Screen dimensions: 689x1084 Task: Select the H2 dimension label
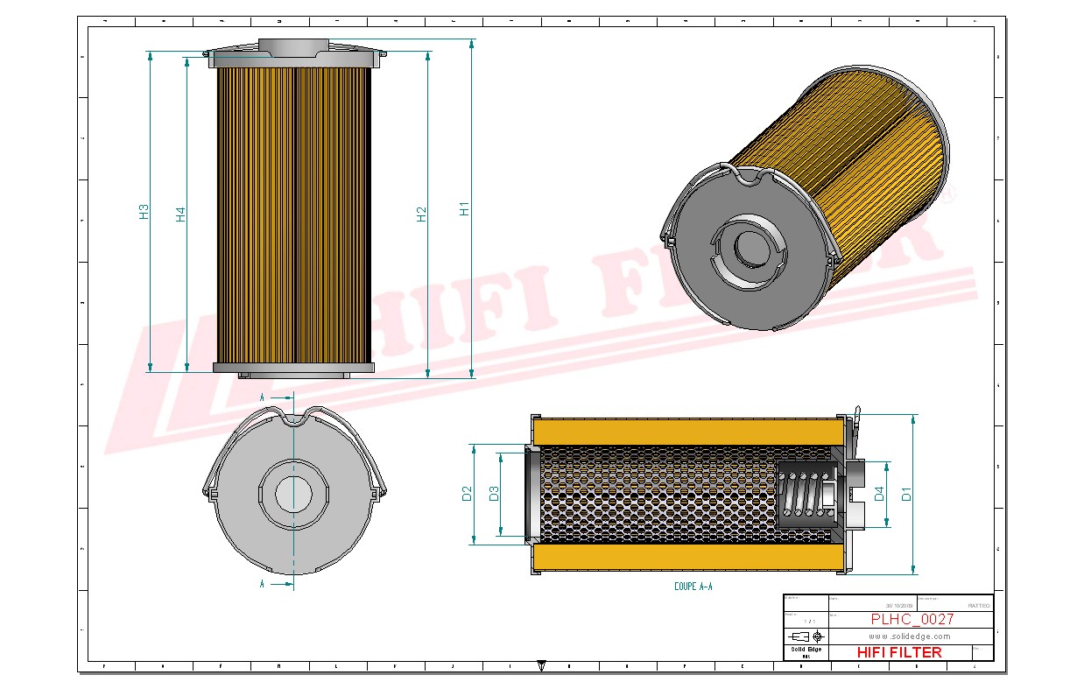click(421, 214)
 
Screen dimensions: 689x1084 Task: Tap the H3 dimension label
click(144, 211)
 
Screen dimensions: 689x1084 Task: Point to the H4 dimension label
click(179, 214)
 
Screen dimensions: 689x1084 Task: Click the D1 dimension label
click(906, 494)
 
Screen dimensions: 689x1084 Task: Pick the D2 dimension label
click(467, 494)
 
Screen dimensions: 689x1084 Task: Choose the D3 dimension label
click(494, 494)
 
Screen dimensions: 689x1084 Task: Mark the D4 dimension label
click(878, 496)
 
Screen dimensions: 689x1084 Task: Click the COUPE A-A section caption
click(693, 587)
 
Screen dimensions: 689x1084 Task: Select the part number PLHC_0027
click(912, 619)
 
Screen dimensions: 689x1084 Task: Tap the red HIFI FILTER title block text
click(898, 652)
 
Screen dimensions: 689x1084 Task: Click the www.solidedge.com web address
click(909, 636)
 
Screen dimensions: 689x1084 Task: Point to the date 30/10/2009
click(898, 605)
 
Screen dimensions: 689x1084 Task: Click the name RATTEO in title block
click(979, 605)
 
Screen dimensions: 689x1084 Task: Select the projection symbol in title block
click(806, 636)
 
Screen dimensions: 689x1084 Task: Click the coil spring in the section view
click(804, 496)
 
